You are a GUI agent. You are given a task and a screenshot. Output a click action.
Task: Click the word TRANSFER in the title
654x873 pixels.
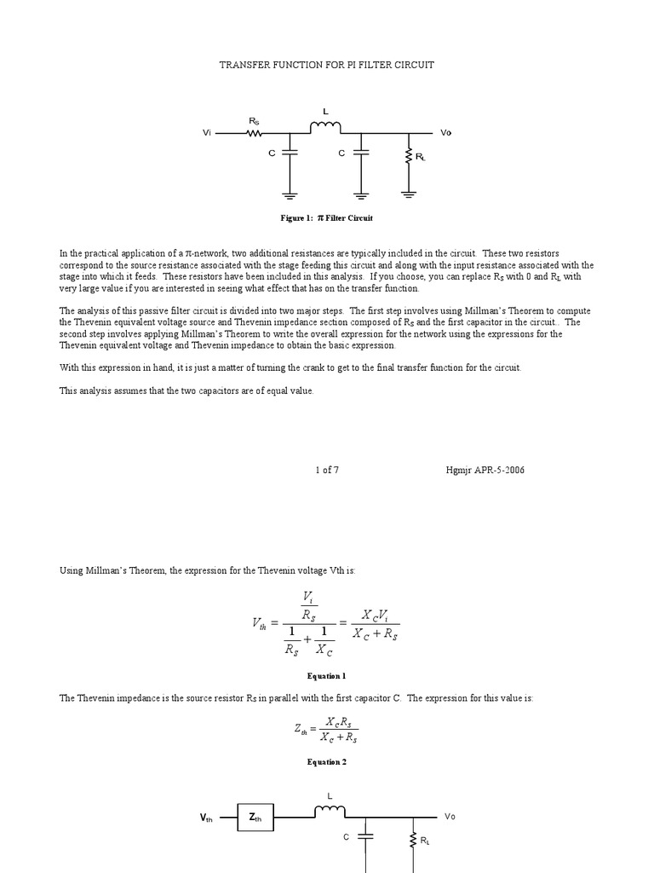(x=244, y=66)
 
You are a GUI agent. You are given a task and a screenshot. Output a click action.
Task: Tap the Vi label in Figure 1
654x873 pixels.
(x=207, y=133)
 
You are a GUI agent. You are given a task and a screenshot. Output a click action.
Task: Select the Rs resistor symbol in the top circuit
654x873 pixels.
(x=254, y=133)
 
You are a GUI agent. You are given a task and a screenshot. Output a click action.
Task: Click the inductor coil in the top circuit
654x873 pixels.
(x=325, y=128)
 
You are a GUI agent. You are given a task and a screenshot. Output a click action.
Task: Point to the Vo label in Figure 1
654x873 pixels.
(x=446, y=133)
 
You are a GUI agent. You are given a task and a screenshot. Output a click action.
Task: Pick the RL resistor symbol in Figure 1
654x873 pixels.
(x=410, y=156)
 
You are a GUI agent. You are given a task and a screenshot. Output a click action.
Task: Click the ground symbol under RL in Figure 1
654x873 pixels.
(x=410, y=194)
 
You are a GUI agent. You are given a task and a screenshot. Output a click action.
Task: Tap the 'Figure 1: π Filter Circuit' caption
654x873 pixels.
(x=327, y=218)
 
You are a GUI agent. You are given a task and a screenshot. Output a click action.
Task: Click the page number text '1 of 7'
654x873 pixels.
(x=327, y=470)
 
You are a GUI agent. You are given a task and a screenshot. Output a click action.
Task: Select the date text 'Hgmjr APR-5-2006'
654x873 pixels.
(x=485, y=470)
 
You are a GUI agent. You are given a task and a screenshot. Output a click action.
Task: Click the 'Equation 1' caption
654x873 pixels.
(x=327, y=676)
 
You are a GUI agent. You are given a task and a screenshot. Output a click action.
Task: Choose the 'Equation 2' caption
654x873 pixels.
(x=327, y=762)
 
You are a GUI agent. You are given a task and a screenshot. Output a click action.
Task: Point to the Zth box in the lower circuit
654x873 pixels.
(x=255, y=818)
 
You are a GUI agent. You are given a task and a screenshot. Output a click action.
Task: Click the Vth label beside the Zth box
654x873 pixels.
(x=207, y=818)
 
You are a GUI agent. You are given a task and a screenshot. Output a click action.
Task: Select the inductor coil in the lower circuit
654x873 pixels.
(x=330, y=812)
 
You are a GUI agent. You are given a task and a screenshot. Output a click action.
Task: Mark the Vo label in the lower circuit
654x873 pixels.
(x=450, y=817)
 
